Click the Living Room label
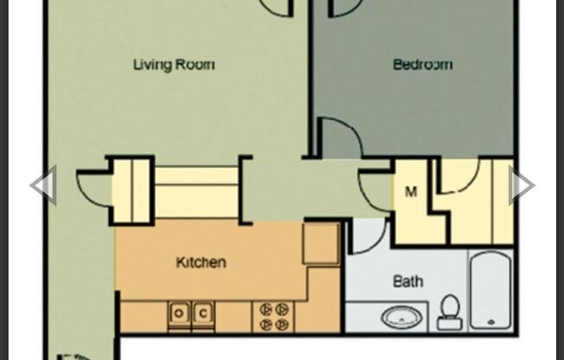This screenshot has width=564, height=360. pyautogui.click(x=174, y=65)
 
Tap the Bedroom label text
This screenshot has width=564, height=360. pyautogui.click(x=423, y=64)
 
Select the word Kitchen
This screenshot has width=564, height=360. pyautogui.click(x=201, y=262)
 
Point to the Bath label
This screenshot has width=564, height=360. pyautogui.click(x=408, y=280)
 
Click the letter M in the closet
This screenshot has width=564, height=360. pyautogui.click(x=411, y=192)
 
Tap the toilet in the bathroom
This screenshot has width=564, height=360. pyautogui.click(x=450, y=312)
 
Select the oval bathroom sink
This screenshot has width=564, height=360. pyautogui.click(x=401, y=318)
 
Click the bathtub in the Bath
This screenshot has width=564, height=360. pyautogui.click(x=490, y=290)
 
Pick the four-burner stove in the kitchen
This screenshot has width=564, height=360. pyautogui.click(x=273, y=317)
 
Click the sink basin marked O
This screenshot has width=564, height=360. pyautogui.click(x=179, y=313)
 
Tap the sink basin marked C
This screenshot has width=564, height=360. pyautogui.click(x=203, y=313)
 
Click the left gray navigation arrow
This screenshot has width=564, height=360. pyautogui.click(x=43, y=185)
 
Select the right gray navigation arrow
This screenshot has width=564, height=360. pyautogui.click(x=522, y=185)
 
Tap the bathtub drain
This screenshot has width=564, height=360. pyautogui.click(x=491, y=322)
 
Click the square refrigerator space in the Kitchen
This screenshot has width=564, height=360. pyautogui.click(x=321, y=243)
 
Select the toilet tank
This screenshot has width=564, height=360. pyautogui.click(x=450, y=323)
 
